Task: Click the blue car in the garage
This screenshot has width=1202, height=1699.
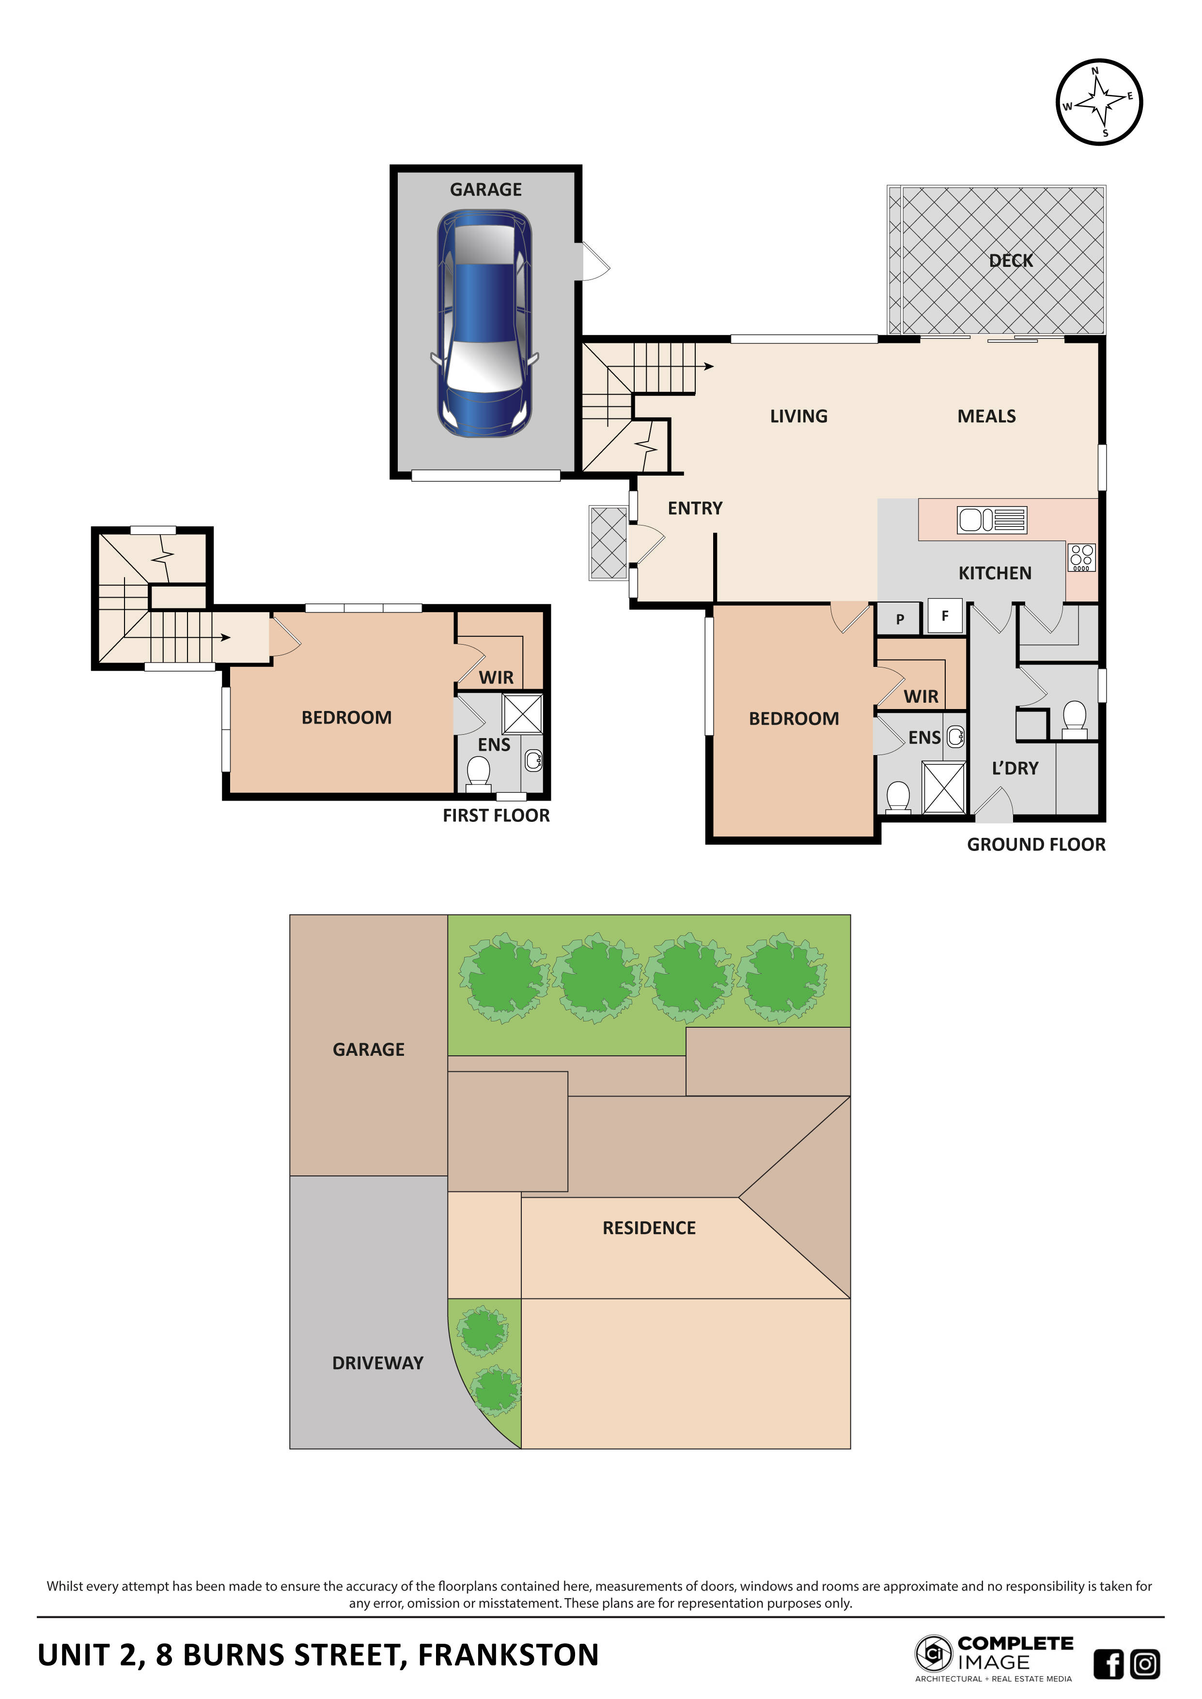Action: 485,324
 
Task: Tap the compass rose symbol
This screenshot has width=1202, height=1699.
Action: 1099,102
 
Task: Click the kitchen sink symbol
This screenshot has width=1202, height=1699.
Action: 992,520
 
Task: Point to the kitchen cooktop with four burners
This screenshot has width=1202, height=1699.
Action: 1081,557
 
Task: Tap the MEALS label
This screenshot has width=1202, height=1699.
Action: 986,417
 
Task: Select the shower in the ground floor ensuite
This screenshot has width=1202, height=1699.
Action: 944,788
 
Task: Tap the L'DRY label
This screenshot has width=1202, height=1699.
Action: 1015,769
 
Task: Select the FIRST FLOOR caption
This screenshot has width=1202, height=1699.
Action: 496,816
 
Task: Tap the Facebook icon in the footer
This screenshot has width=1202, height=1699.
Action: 1108,1664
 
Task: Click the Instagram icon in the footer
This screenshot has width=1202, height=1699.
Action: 1145,1664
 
